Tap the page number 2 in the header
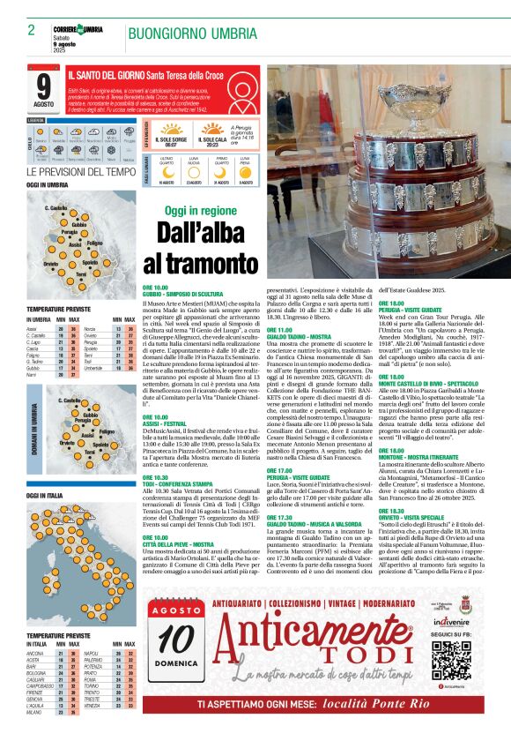click(x=31, y=29)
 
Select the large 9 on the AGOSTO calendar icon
click(x=44, y=87)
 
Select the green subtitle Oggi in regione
click(x=200, y=211)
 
